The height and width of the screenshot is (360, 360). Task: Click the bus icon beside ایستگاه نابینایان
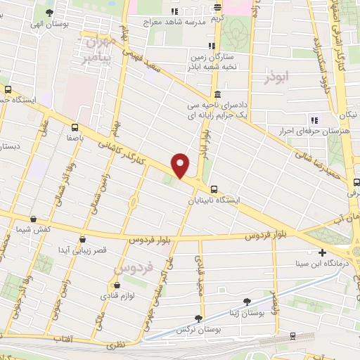214,188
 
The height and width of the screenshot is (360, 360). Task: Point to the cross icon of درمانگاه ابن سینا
322,252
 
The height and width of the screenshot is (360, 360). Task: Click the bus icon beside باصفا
75,127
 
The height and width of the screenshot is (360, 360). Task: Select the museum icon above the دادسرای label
217,95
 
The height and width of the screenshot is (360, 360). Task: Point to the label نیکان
347,112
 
